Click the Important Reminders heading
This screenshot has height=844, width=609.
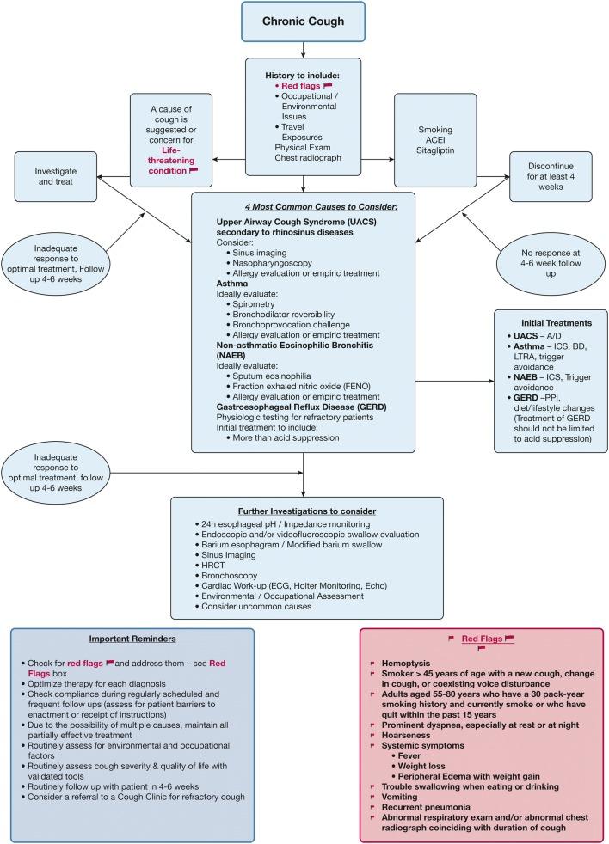[132, 639]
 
